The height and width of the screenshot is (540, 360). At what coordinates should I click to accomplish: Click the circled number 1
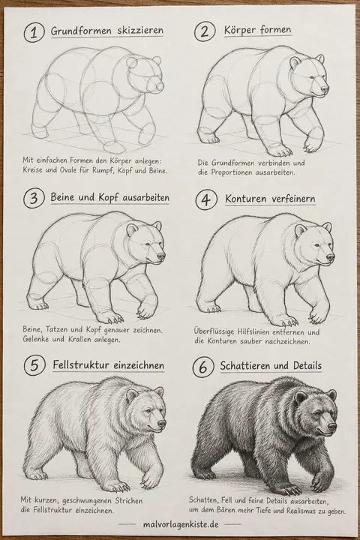[34, 32]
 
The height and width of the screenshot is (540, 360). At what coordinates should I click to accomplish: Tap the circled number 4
[206, 199]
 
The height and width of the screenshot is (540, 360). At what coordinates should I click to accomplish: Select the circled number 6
[203, 367]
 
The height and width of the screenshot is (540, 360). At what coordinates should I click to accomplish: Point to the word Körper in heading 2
[240, 29]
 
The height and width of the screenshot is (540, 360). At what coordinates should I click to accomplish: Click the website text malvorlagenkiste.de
[181, 524]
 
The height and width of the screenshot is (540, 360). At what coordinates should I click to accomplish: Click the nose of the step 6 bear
[331, 426]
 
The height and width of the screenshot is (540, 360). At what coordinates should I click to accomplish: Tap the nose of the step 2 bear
[325, 89]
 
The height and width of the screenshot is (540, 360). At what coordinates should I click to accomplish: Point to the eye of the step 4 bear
[318, 245]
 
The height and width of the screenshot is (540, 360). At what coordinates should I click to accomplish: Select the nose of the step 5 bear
[161, 424]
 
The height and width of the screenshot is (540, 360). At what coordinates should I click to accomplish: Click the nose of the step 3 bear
[161, 256]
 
